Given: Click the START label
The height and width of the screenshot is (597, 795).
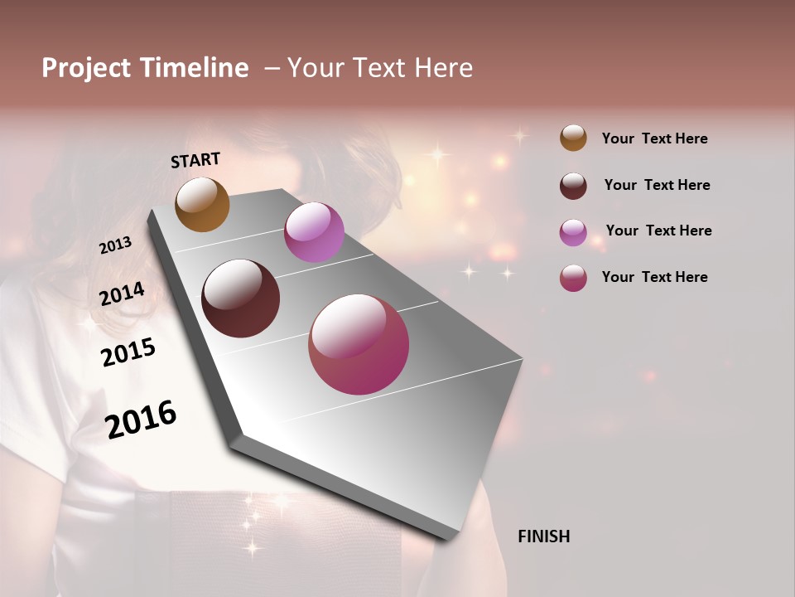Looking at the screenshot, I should coord(195,160).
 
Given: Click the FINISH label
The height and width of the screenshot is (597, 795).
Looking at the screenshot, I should coord(543,536).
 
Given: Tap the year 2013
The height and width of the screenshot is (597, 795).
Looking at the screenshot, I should coord(115,245).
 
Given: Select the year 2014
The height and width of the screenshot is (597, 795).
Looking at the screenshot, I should coord(122,294).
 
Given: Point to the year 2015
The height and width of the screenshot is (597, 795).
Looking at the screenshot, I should coord(128,352).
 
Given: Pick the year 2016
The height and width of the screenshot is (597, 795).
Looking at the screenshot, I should coord(141,419).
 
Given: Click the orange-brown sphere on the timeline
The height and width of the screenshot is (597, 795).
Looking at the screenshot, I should coord(202,205).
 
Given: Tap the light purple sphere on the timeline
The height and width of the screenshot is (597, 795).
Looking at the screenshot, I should coord(314,232).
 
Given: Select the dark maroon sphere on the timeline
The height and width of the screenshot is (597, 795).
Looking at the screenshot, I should coord(241,298).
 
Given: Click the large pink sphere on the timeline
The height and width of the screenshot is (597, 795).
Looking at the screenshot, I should coord(359,344).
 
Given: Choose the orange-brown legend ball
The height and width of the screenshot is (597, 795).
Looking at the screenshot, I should coord(573,138).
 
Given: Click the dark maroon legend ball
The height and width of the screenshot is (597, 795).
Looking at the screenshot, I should coord(573,186).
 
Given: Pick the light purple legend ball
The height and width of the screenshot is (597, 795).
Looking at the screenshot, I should coord(573,232).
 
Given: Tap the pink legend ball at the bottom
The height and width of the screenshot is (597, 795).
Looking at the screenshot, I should coord(573,278).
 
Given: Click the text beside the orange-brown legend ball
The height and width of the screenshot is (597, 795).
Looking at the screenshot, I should coord(654,138).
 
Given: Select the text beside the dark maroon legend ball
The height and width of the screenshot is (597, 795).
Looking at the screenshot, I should coord(658,185).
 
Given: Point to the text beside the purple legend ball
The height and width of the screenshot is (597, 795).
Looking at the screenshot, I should coord(658,231).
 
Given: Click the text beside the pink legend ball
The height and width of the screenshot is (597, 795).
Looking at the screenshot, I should coord(654,277).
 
